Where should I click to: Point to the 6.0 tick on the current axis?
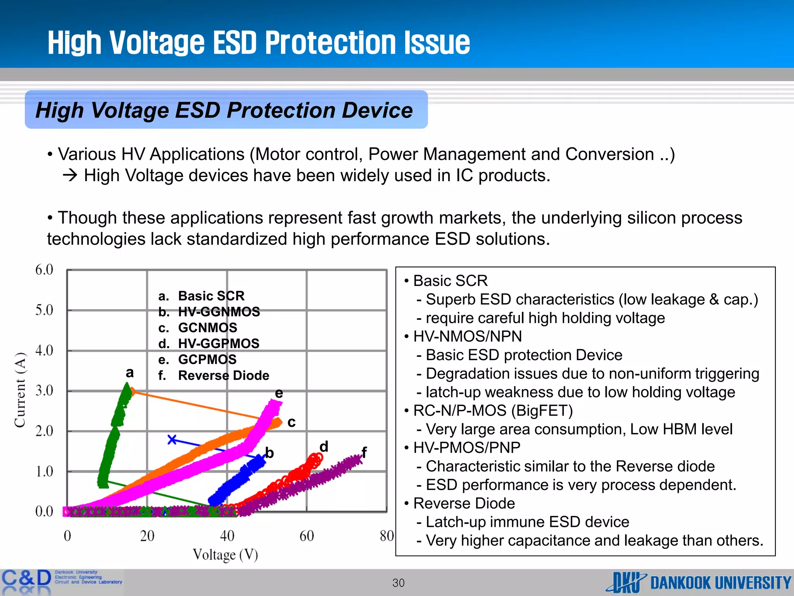[44, 270]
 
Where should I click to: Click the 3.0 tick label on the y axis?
[44, 390]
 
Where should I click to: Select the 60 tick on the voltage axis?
[307, 536]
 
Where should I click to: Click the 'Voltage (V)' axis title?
[225, 554]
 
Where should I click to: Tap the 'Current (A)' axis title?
[20, 390]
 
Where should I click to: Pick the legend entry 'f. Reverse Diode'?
[214, 375]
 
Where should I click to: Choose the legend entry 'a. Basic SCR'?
[202, 296]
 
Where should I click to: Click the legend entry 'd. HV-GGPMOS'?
[209, 343]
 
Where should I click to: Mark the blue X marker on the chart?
[172, 440]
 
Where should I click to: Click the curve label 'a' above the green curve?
[130, 372]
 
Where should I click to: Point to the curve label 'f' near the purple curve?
[364, 452]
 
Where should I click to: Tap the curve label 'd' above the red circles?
[324, 446]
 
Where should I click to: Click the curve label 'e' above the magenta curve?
[279, 393]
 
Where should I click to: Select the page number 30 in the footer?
[398, 583]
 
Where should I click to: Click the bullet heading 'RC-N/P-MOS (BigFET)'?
[493, 411]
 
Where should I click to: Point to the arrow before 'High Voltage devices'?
[70, 176]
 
